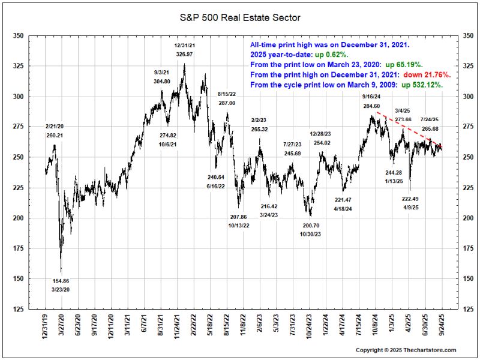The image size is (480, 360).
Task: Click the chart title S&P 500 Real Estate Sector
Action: (x=240, y=18)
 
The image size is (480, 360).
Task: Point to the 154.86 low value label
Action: (x=61, y=281)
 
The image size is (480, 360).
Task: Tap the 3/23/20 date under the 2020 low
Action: (x=61, y=290)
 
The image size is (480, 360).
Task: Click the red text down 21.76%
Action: (x=428, y=75)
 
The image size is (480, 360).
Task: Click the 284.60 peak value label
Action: (x=371, y=106)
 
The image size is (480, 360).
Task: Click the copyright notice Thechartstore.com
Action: (x=406, y=350)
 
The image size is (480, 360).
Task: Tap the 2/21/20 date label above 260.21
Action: (x=55, y=126)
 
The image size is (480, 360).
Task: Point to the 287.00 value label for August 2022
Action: (x=226, y=103)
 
